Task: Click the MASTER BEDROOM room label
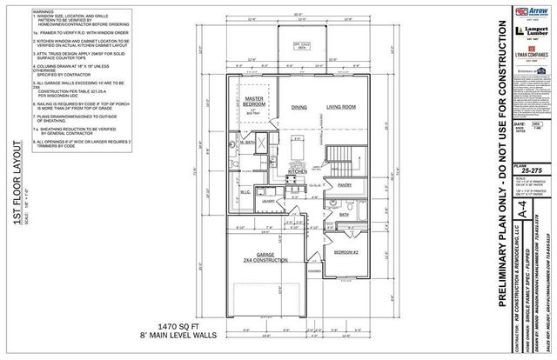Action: coord(253,102)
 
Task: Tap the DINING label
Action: coord(299,107)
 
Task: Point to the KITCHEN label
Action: coord(299,171)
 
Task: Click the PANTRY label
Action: coord(344,185)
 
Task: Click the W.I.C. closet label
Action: coord(246,193)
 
